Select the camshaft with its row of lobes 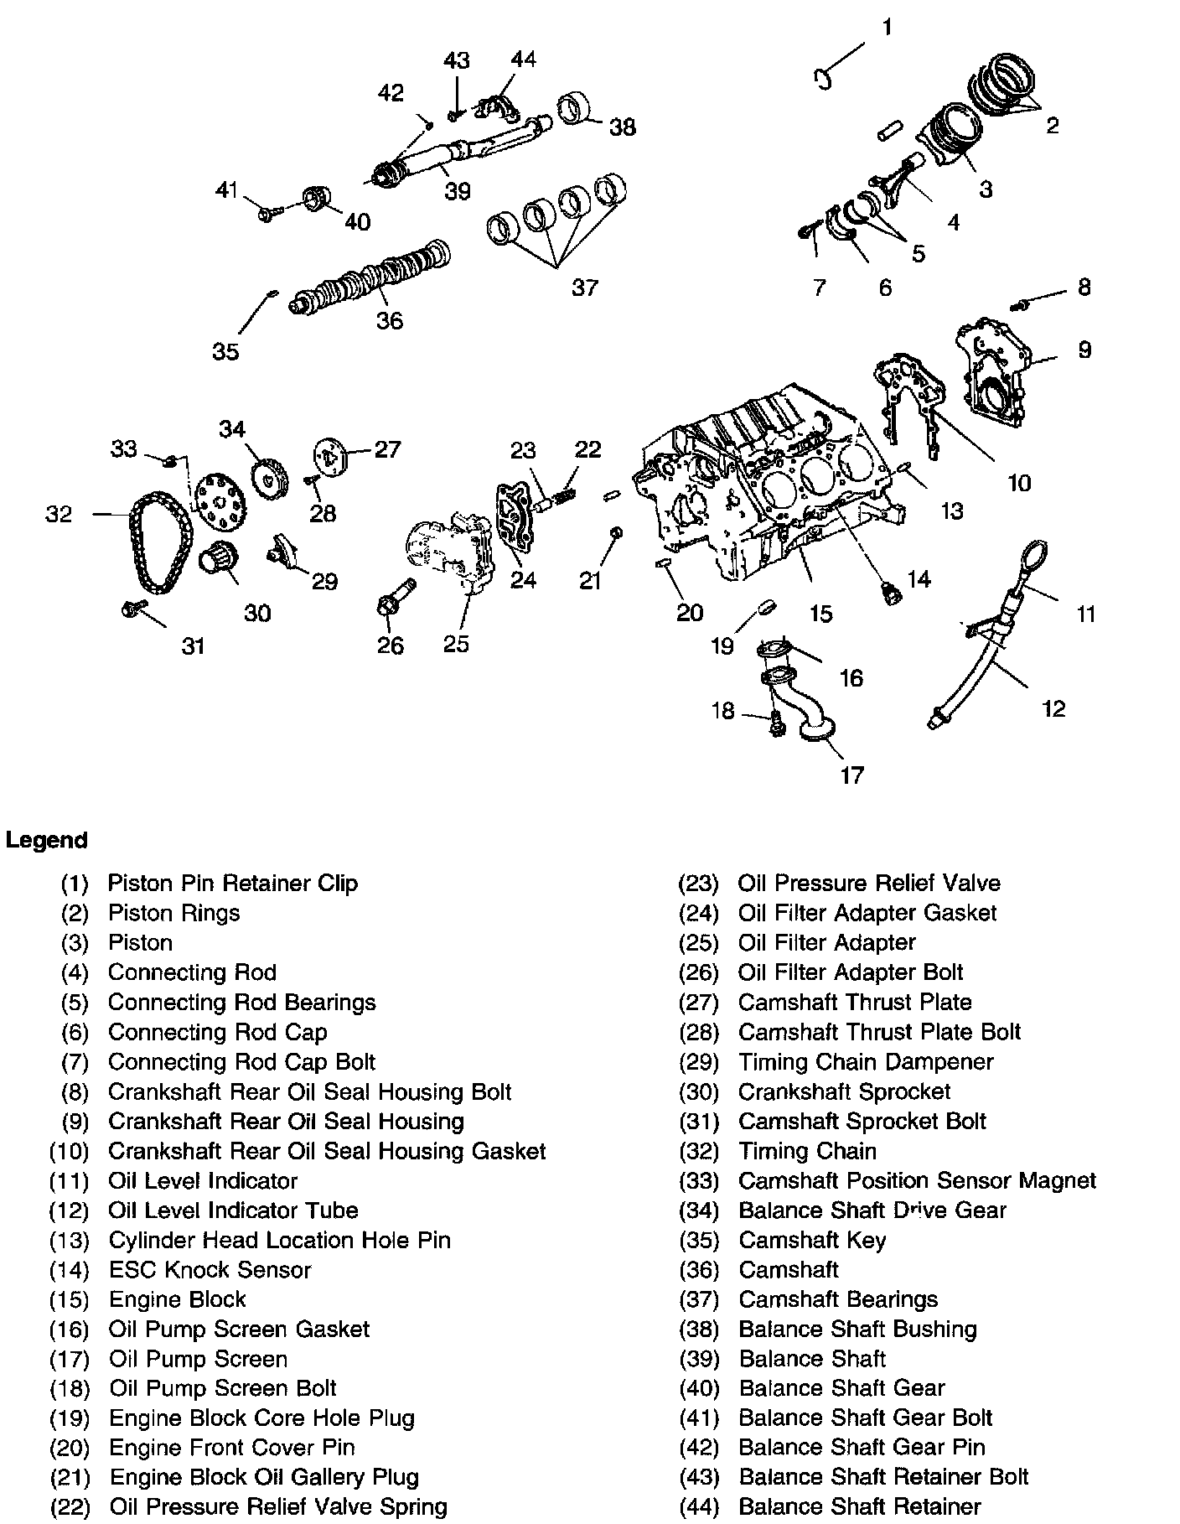tap(369, 281)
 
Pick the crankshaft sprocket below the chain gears tap(220, 558)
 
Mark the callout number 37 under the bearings tap(584, 288)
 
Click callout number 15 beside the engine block tap(820, 614)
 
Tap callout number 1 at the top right tap(887, 28)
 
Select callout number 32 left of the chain tap(59, 514)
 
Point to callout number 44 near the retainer tap(523, 60)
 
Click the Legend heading tap(46, 840)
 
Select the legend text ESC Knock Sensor tap(210, 1270)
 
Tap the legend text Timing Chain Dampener tap(866, 1062)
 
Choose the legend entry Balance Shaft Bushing tap(857, 1330)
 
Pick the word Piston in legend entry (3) tap(140, 943)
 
